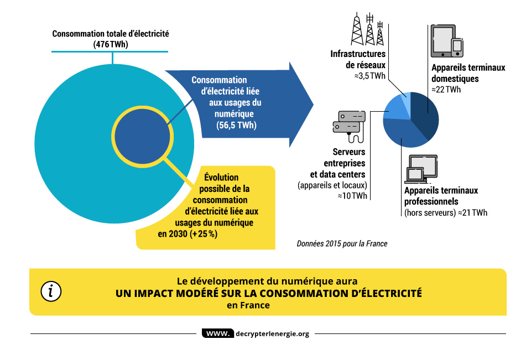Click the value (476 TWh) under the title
(x=111, y=44)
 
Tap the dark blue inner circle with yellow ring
(x=141, y=135)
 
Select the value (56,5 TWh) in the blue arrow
(x=237, y=126)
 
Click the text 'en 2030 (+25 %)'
(x=188, y=233)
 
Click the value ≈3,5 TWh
(x=370, y=76)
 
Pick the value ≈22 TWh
(x=446, y=90)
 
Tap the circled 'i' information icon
(x=51, y=291)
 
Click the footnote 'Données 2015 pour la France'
(x=342, y=243)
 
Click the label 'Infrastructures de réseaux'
(x=358, y=60)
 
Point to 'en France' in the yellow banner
(x=248, y=305)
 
